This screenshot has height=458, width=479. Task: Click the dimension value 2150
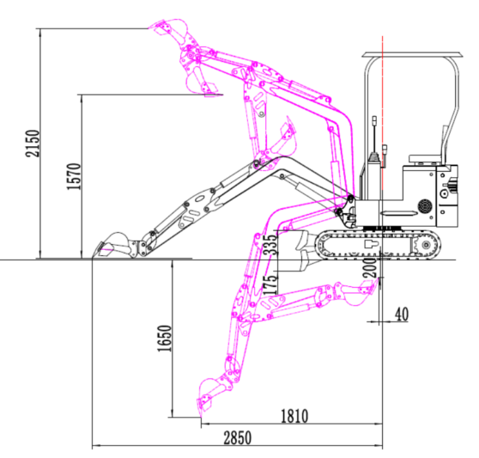pyautogui.click(x=33, y=144)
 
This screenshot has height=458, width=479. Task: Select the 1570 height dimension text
pyautogui.click(x=74, y=176)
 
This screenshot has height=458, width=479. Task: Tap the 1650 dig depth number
pyautogui.click(x=164, y=339)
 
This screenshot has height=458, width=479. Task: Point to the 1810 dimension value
pyautogui.click(x=294, y=416)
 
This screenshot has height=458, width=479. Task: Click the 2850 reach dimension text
pyautogui.click(x=238, y=437)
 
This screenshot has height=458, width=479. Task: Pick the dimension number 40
pyautogui.click(x=402, y=314)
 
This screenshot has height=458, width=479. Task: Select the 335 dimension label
pyautogui.click(x=270, y=245)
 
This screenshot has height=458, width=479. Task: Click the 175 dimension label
pyautogui.click(x=270, y=285)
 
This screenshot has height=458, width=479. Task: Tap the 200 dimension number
pyautogui.click(x=370, y=267)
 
